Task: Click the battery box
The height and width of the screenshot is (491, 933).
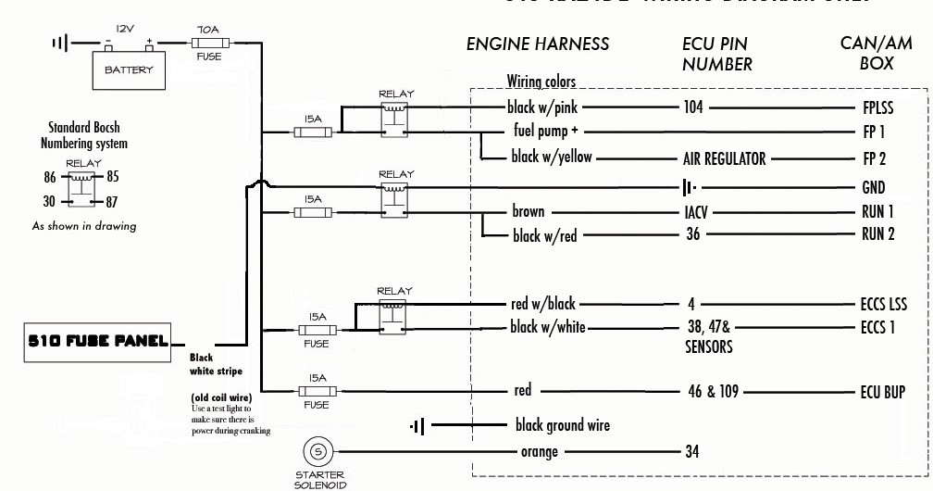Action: [129, 69]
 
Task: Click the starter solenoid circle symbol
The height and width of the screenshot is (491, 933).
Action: [318, 452]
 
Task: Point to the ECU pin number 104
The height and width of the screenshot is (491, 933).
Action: [693, 107]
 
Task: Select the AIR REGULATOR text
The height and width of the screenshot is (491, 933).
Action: [724, 158]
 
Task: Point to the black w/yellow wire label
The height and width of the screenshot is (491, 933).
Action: [552, 157]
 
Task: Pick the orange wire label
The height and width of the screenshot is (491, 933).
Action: [540, 452]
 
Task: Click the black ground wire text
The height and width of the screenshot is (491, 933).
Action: [562, 425]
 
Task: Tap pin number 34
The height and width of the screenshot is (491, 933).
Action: [692, 452]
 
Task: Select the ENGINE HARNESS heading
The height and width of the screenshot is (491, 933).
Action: [538, 44]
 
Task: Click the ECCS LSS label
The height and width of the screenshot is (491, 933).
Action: [883, 304]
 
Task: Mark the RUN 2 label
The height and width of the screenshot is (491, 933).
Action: [877, 234]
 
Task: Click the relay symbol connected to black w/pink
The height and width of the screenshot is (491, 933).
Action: [396, 118]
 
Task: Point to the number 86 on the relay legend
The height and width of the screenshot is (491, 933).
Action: [50, 177]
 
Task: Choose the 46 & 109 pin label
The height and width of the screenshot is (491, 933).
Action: [714, 392]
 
